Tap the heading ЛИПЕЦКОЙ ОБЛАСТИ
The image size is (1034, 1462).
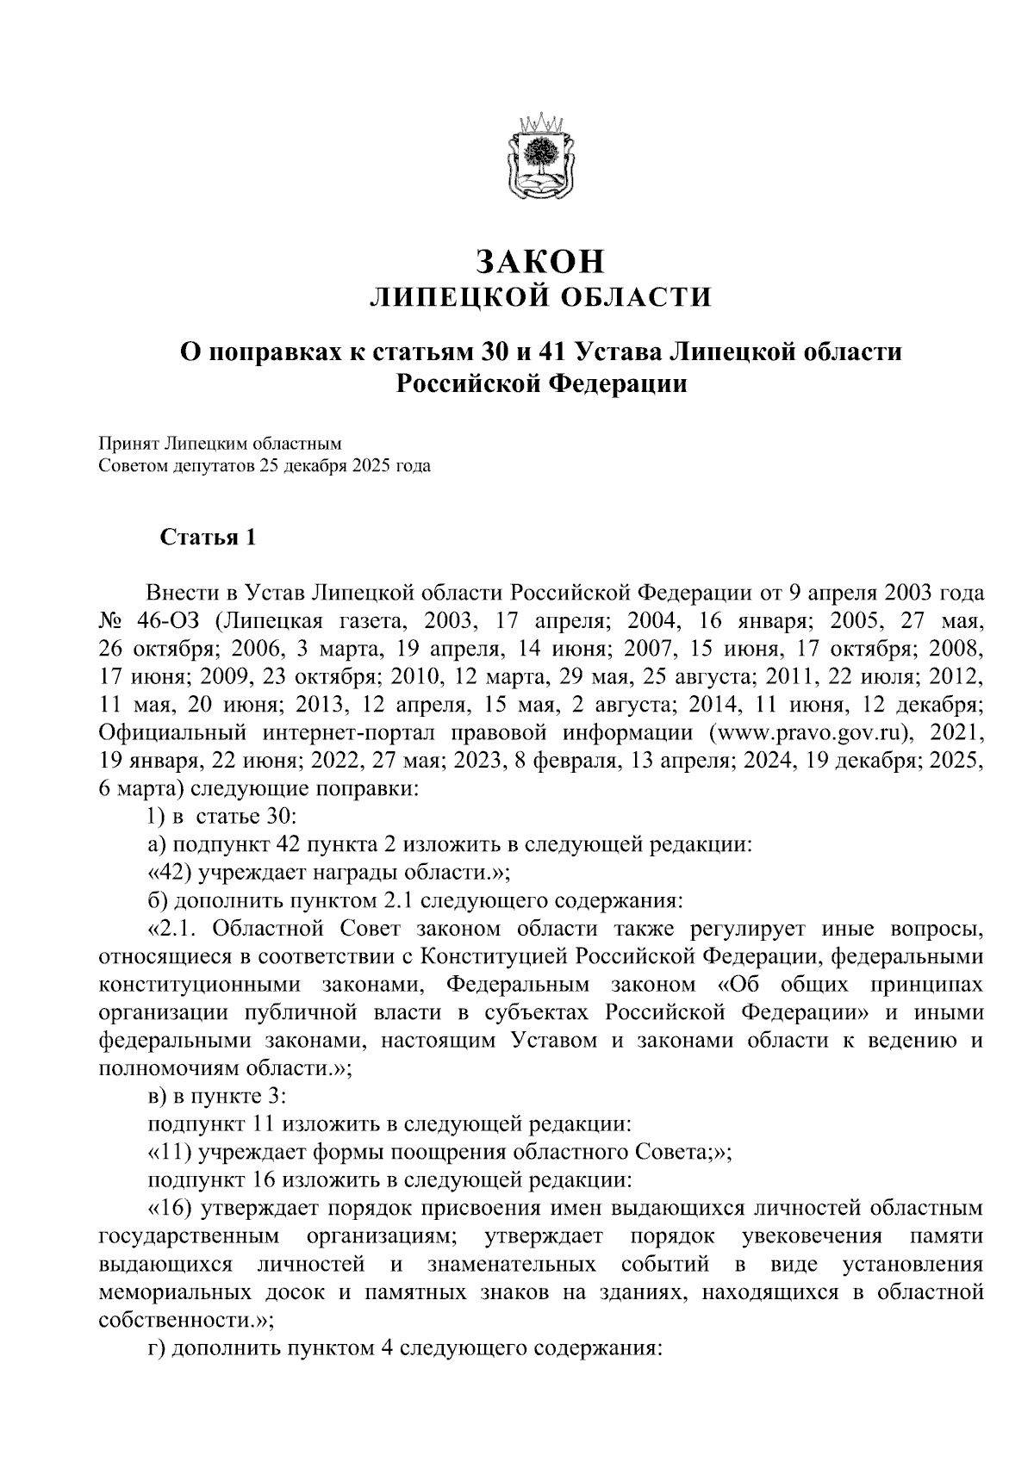click(x=541, y=298)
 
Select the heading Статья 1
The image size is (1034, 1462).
click(x=208, y=538)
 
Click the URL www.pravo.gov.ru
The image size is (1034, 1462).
click(x=811, y=733)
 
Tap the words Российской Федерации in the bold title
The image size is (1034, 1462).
click(x=541, y=383)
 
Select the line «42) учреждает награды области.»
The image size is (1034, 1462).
click(x=330, y=873)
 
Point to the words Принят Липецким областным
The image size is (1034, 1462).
click(x=221, y=445)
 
